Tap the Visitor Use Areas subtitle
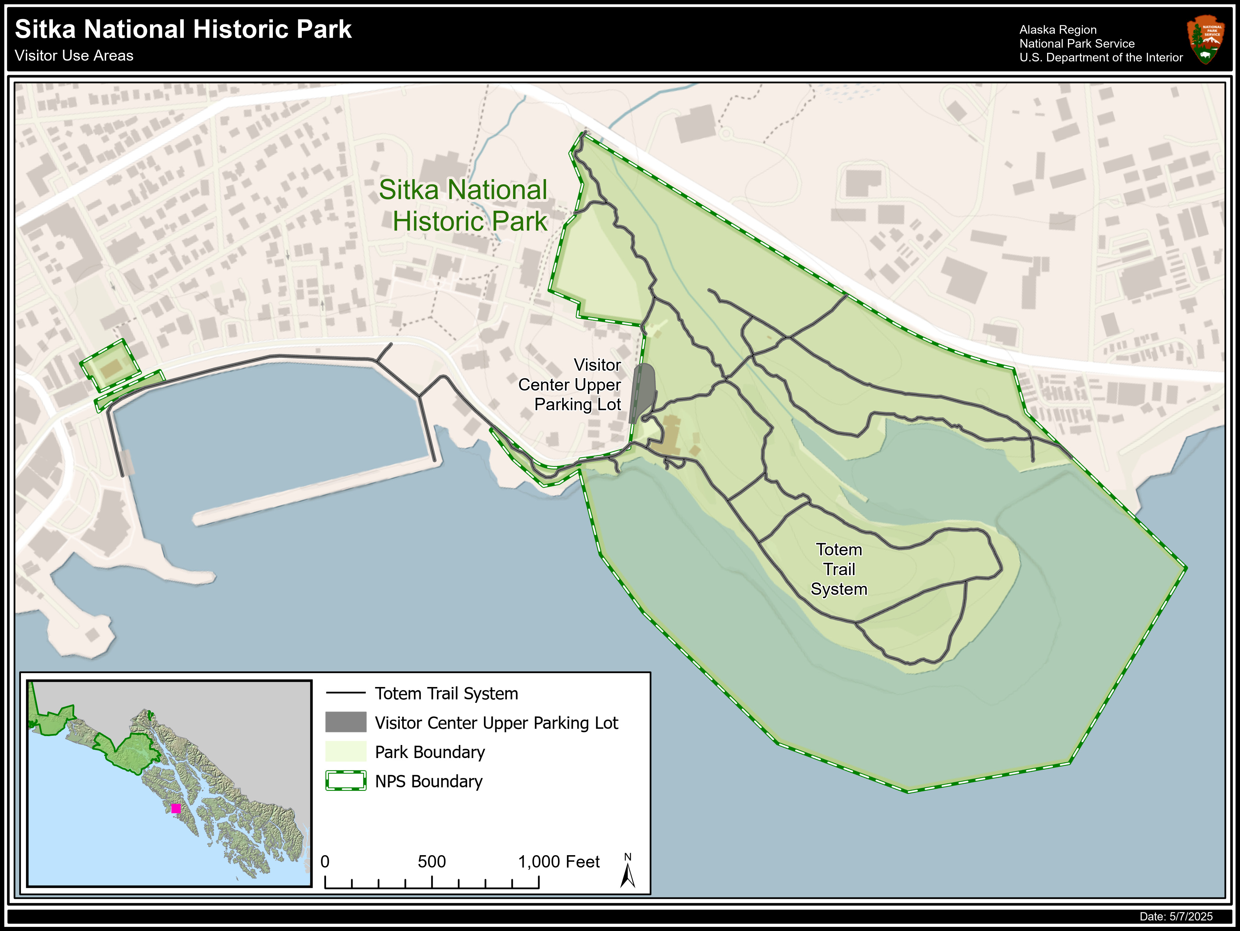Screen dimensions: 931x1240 pyautogui.click(x=74, y=56)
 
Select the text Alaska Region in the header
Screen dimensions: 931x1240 pyautogui.click(x=1058, y=30)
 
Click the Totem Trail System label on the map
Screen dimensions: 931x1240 pyautogui.click(x=839, y=569)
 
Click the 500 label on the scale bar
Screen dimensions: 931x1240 pyautogui.click(x=432, y=861)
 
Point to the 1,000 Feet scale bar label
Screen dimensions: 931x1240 pyautogui.click(x=558, y=861)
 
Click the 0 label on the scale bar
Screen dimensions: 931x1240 pyautogui.click(x=325, y=861)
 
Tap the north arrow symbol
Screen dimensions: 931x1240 pyautogui.click(x=628, y=874)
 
